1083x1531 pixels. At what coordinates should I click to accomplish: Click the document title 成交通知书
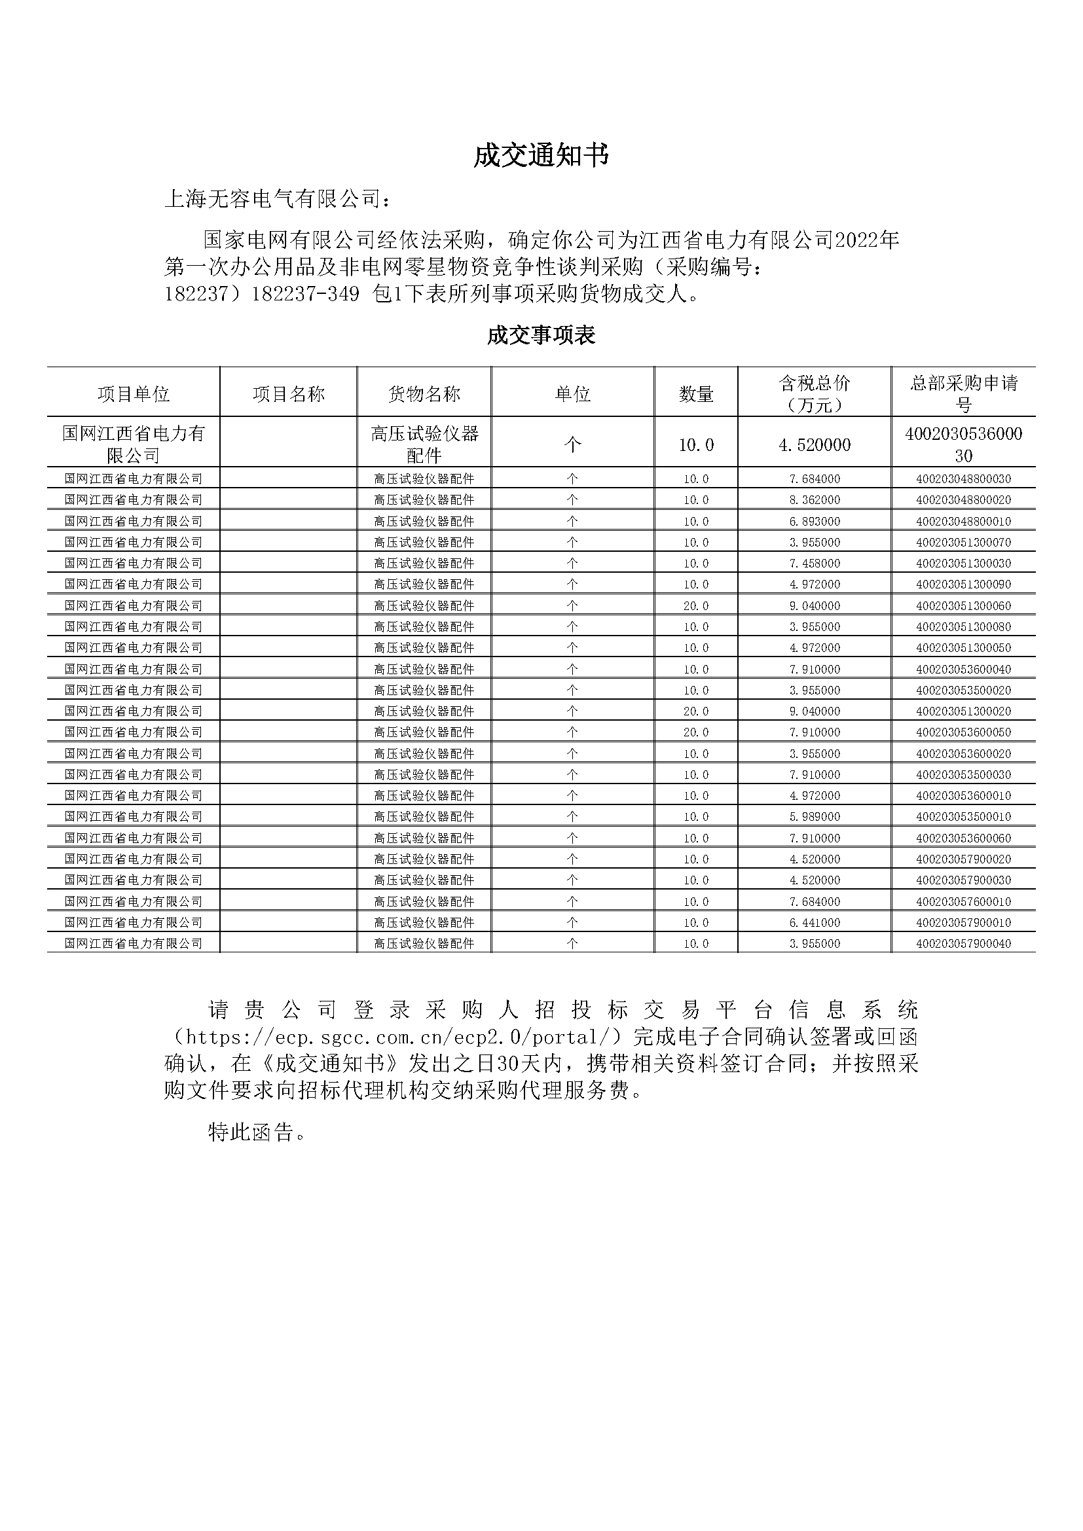click(541, 156)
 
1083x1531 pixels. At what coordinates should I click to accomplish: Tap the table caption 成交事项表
click(541, 334)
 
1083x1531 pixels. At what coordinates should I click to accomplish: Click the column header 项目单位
click(134, 394)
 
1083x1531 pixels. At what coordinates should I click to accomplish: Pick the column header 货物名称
click(424, 394)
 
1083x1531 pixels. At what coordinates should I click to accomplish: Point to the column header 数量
click(696, 394)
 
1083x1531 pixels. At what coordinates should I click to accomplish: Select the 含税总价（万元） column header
click(815, 394)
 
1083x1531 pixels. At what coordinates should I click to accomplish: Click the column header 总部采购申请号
click(964, 394)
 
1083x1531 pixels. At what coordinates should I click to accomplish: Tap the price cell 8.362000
click(815, 499)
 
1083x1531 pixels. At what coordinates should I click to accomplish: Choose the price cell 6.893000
click(815, 521)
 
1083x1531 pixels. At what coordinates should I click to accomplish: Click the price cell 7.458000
click(815, 564)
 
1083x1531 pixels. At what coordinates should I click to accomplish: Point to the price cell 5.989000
click(815, 816)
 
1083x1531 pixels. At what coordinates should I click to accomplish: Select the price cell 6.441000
click(815, 922)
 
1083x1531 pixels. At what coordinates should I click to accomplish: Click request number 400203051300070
click(964, 542)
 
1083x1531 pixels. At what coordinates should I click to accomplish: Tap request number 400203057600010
click(964, 901)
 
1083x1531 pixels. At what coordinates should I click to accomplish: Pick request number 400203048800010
click(964, 521)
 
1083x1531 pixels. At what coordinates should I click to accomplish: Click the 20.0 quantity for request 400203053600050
click(696, 732)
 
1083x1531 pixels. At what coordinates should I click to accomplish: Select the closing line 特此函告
click(257, 1132)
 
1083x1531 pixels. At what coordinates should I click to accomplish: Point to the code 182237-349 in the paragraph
click(305, 294)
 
